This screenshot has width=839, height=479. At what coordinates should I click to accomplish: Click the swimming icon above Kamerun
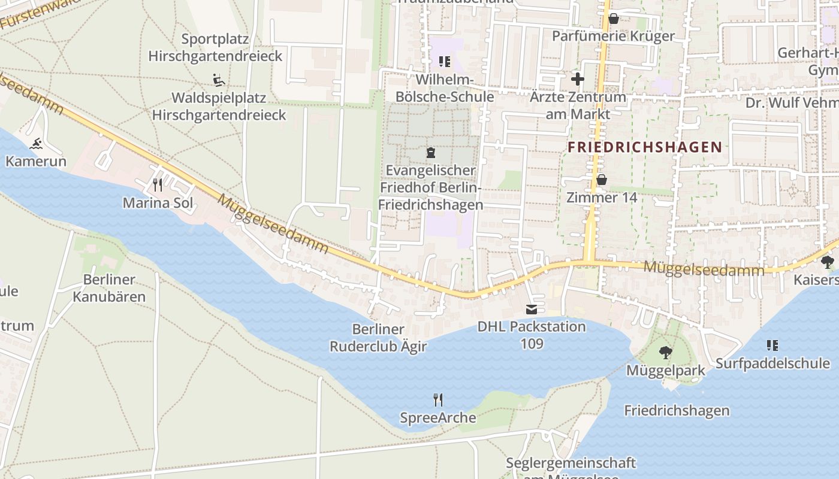[36, 144]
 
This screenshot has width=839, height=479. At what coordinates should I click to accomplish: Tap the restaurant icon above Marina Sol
[158, 184]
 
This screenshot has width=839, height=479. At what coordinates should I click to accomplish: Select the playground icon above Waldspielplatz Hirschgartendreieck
[218, 79]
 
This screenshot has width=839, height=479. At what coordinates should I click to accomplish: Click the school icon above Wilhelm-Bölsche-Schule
[444, 61]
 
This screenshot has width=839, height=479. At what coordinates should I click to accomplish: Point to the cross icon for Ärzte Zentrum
[577, 78]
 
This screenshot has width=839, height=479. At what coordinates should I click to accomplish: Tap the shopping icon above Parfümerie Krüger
[613, 19]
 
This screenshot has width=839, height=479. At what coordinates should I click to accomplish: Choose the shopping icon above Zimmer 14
[601, 180]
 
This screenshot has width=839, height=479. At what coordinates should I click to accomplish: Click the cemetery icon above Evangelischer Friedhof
[430, 153]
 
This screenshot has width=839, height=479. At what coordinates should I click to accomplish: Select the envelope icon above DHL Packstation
[532, 309]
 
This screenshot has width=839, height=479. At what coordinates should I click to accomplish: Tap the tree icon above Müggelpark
[665, 353]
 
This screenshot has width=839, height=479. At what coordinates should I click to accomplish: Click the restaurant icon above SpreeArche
[438, 399]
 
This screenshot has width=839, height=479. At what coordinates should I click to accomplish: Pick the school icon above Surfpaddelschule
[772, 345]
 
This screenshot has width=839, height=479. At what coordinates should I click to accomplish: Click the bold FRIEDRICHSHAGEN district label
[644, 147]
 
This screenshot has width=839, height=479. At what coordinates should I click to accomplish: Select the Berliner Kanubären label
[109, 288]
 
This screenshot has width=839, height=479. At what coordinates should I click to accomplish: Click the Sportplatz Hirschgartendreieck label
[215, 48]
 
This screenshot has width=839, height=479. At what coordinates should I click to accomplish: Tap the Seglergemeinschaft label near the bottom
[571, 463]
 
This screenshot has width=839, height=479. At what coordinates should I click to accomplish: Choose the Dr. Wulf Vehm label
[791, 103]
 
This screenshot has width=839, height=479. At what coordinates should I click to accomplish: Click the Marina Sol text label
[158, 203]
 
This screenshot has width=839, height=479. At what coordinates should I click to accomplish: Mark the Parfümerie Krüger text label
[613, 36]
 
